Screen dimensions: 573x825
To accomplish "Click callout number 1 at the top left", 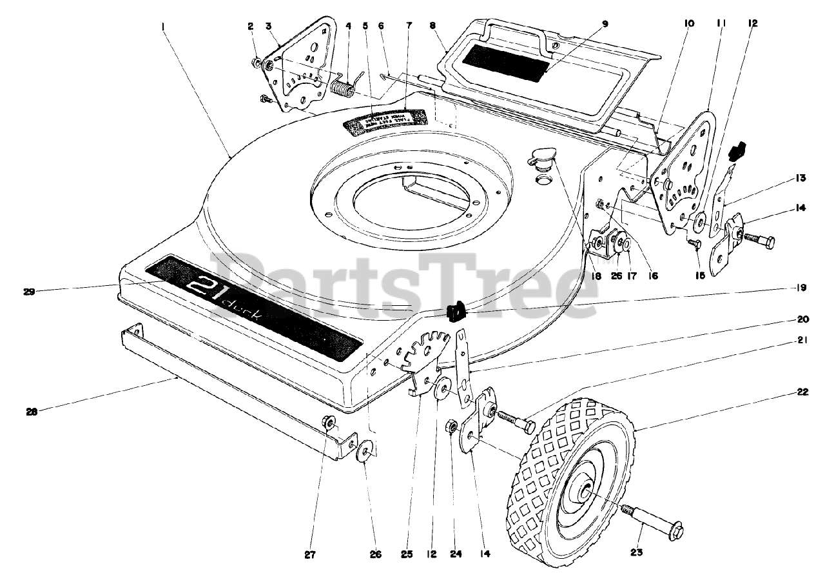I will click(164, 26).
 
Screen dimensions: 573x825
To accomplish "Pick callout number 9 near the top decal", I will click(605, 24).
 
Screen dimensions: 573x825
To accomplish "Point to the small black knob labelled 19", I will click(456, 313).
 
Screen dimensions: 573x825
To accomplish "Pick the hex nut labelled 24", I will click(452, 427).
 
